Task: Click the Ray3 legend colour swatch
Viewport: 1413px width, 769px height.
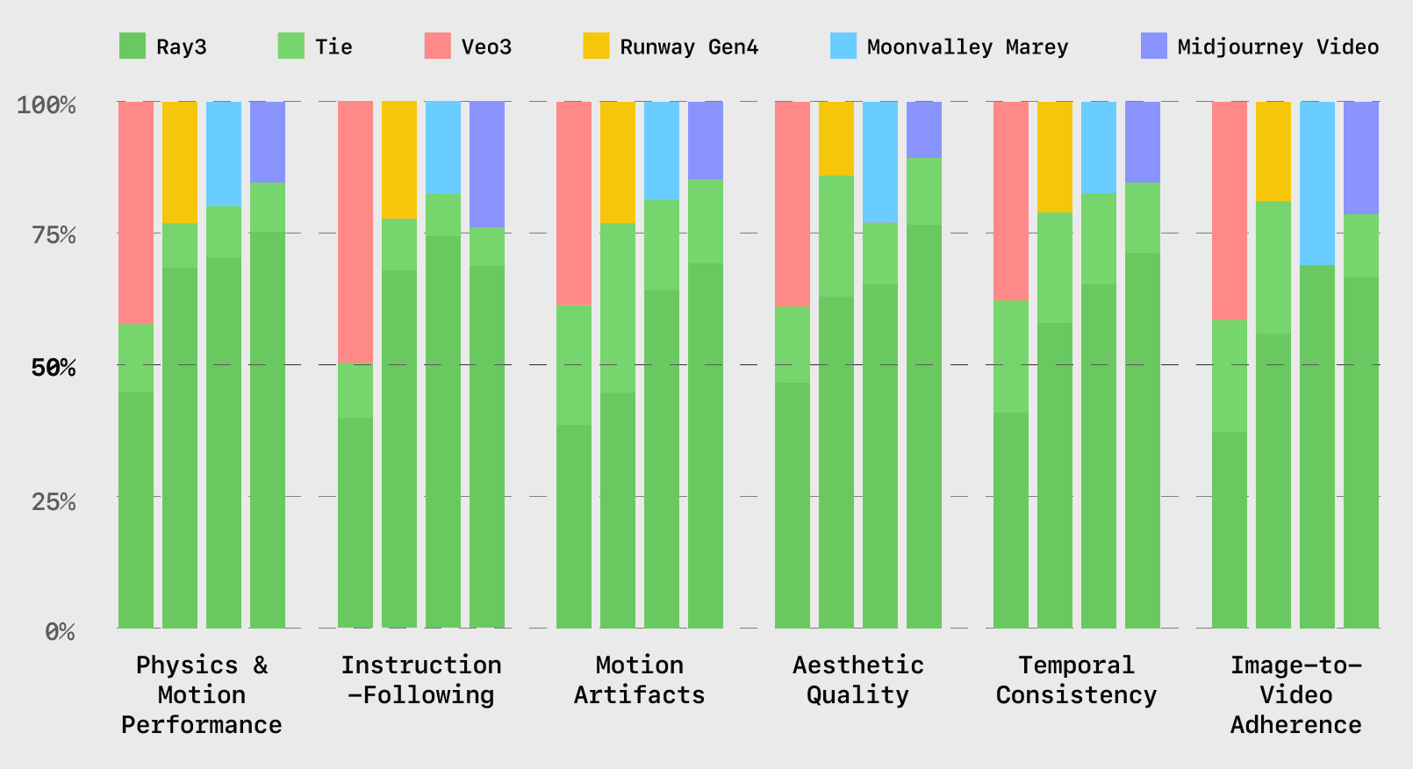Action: tap(133, 46)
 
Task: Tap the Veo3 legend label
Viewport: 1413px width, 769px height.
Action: tap(486, 47)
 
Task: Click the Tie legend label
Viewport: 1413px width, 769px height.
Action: tap(334, 47)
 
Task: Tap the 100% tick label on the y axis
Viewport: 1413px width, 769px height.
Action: tap(47, 105)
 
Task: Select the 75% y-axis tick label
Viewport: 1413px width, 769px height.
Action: tap(54, 235)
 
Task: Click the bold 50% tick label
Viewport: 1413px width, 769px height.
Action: tap(54, 367)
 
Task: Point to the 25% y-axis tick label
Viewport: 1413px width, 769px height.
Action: tap(54, 501)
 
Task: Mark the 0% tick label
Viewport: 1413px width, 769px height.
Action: tap(60, 631)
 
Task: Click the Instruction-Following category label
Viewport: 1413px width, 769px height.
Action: tap(421, 680)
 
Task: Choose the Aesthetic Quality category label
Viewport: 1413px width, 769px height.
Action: tap(857, 680)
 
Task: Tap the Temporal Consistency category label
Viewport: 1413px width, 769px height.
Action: tap(1076, 680)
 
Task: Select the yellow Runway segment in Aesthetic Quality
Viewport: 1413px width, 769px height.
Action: tap(836, 138)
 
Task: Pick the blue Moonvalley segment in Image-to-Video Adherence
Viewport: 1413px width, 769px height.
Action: tap(1316, 183)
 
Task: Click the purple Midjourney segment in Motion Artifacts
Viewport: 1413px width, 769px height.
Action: tap(705, 140)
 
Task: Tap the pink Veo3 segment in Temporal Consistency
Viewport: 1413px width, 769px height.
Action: tap(1010, 200)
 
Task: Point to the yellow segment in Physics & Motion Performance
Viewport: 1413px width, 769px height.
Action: tap(180, 162)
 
